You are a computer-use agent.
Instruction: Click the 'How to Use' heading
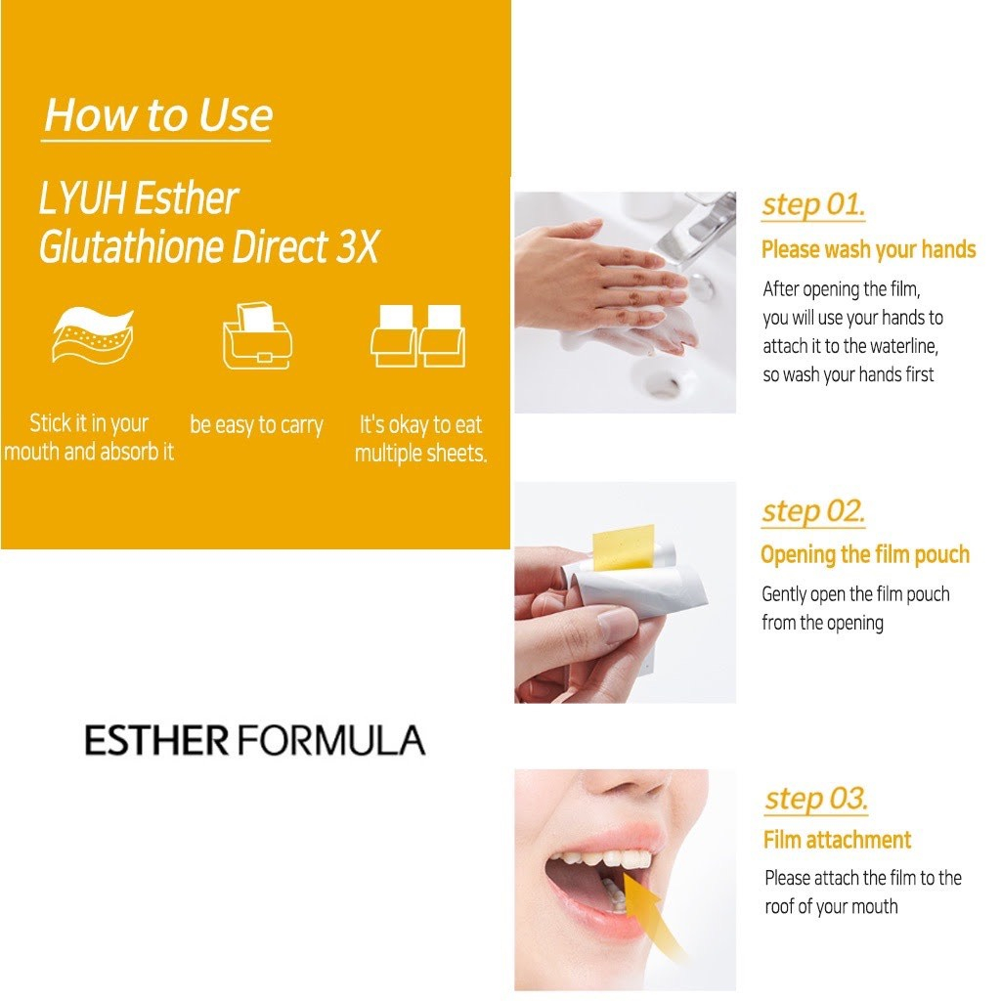[x=158, y=115]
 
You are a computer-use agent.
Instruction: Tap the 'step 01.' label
[x=813, y=206]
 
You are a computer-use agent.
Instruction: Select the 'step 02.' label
[x=813, y=511]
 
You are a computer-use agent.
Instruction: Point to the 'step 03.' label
[x=815, y=799]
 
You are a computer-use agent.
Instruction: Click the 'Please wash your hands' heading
[x=868, y=250]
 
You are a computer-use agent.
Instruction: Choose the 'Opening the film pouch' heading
[x=864, y=555]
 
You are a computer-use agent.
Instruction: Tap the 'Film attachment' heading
[x=837, y=840]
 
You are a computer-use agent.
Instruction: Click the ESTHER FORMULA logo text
[x=254, y=741]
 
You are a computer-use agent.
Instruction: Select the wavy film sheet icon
[x=92, y=334]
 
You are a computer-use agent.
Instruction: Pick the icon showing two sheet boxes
[x=417, y=334]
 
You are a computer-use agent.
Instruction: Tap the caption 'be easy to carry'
[x=256, y=426]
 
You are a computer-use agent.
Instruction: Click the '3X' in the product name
[x=356, y=248]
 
